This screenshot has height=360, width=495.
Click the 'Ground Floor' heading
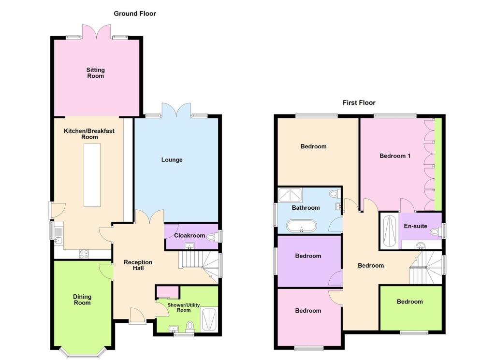[135, 14]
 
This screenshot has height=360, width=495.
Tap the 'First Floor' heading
[359, 102]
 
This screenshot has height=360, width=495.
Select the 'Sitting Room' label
[95, 73]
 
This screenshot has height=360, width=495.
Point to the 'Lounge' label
[172, 159]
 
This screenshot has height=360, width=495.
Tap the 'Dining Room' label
[82, 300]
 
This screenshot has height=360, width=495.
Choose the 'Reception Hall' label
[138, 265]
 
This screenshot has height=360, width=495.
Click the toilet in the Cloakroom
[211, 236]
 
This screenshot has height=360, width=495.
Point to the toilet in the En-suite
[434, 232]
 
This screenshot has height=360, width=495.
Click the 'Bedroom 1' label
[394, 156]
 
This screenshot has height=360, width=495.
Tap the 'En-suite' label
[416, 226]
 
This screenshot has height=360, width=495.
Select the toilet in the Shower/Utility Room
[190, 326]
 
